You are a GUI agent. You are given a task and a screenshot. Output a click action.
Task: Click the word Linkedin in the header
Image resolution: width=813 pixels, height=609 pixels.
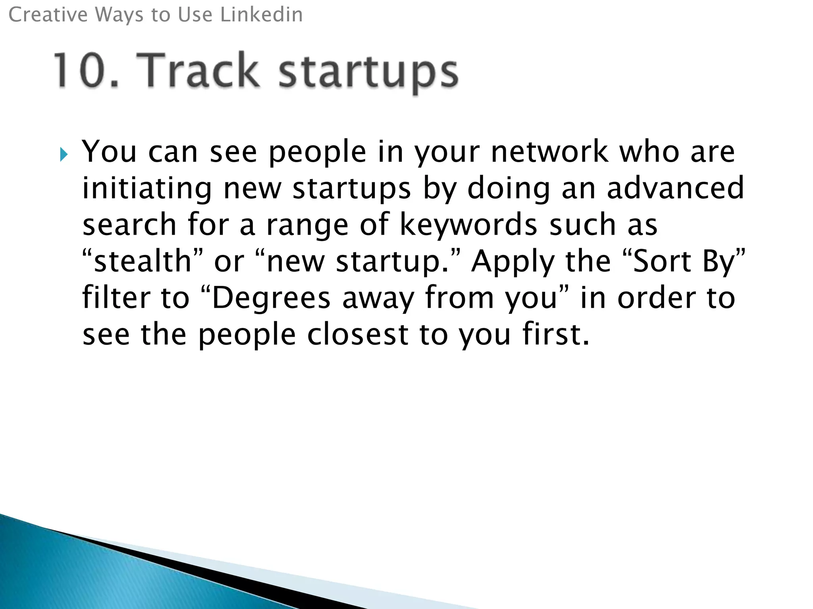tap(261, 15)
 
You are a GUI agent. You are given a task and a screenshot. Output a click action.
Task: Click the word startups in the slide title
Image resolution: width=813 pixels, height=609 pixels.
tap(368, 73)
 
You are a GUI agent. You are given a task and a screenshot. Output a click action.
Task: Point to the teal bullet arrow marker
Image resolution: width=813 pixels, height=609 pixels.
tap(64, 155)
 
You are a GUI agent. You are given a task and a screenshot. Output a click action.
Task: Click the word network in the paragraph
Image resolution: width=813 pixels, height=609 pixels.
tap(549, 152)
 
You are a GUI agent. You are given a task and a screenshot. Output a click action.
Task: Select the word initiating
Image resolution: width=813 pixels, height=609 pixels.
tap(147, 189)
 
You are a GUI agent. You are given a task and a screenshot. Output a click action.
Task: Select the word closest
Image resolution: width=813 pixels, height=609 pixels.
tap(358, 334)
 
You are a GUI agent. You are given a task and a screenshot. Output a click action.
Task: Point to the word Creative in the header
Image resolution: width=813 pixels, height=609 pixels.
tap(48, 15)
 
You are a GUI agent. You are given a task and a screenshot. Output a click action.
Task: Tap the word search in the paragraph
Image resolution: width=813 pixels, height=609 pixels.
tap(129, 225)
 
